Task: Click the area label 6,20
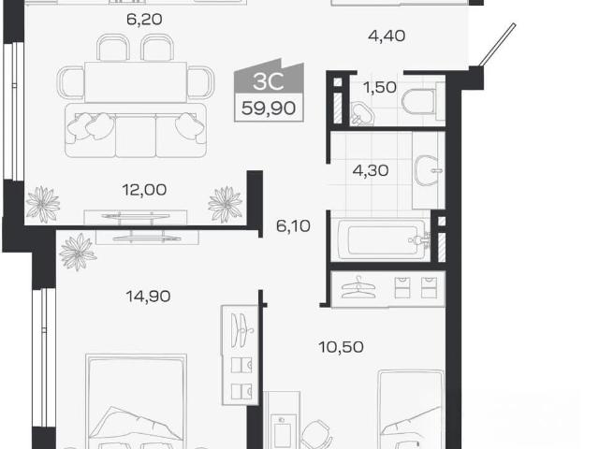(x=144, y=19)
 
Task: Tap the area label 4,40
(x=387, y=36)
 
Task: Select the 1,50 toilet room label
(x=380, y=87)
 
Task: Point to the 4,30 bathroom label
(x=371, y=170)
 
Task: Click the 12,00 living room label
(x=144, y=190)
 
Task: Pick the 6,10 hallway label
(x=293, y=226)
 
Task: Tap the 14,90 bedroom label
(x=148, y=296)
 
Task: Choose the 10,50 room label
(x=341, y=347)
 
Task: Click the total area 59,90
(x=269, y=109)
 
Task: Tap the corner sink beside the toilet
(x=361, y=113)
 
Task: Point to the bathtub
(x=381, y=239)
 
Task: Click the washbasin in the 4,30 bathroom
(x=429, y=170)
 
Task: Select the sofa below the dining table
(x=136, y=130)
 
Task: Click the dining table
(x=136, y=82)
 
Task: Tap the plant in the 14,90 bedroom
(x=78, y=252)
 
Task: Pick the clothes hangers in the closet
(x=358, y=287)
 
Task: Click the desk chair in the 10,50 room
(x=316, y=434)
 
